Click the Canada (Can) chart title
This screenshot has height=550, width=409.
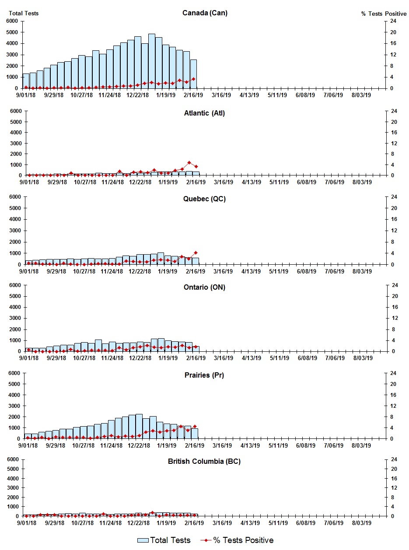pyautogui.click(x=205, y=13)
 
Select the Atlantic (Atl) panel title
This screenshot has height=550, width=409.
pyautogui.click(x=204, y=113)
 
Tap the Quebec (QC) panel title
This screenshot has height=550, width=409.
pyautogui.click(x=204, y=199)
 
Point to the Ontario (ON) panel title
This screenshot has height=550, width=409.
pyautogui.click(x=204, y=287)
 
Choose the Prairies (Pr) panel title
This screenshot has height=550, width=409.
pyautogui.click(x=204, y=375)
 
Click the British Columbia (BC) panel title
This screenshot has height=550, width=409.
pyautogui.click(x=204, y=462)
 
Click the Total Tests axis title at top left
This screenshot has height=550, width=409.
pyautogui.click(x=24, y=13)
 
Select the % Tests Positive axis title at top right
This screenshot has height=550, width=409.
pyautogui.click(x=384, y=14)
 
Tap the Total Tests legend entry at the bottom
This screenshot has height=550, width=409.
pyautogui.click(x=164, y=540)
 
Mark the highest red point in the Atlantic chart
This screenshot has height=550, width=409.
pyautogui.click(x=189, y=162)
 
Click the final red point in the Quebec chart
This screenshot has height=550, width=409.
pyautogui.click(x=196, y=252)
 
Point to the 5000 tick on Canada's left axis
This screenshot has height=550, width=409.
pyautogui.click(x=12, y=32)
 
